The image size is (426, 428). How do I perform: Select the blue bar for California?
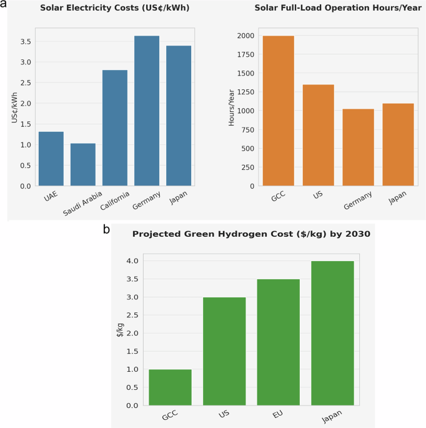[115, 128]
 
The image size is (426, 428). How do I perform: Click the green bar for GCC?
[170, 387]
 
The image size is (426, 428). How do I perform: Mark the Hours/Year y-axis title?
[232, 111]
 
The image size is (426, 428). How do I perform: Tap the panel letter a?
[4, 4]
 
